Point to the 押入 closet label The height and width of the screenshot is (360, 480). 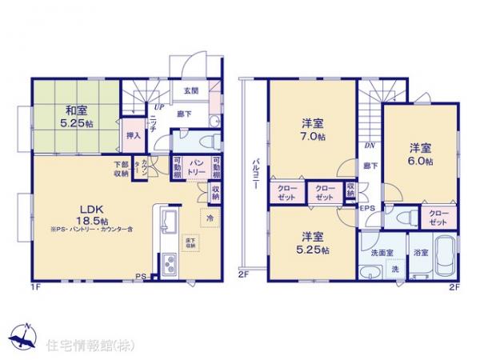134,136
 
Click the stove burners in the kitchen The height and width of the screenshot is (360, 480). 170,264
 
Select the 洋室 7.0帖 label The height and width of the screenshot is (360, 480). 312,130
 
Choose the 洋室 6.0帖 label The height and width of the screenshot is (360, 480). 422,154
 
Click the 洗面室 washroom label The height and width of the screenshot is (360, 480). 381,254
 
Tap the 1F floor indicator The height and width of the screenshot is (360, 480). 35,286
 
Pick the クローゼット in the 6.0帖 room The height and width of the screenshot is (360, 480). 438,217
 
